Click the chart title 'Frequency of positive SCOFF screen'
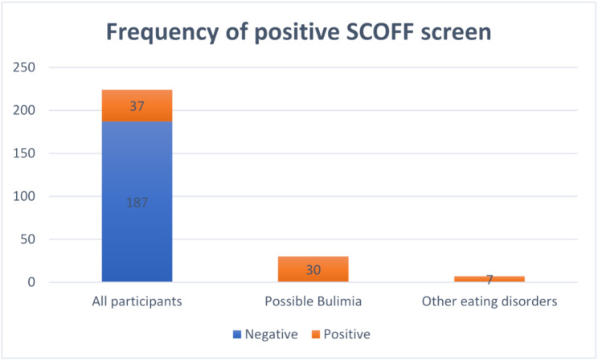tap(299, 35)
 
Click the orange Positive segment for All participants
tap(137, 105)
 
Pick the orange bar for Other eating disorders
tap(489, 279)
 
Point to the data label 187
tap(137, 202)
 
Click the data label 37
tap(137, 106)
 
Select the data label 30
tap(313, 270)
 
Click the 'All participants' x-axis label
tap(137, 302)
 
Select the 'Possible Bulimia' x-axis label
tap(313, 302)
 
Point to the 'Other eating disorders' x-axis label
tap(489, 302)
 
